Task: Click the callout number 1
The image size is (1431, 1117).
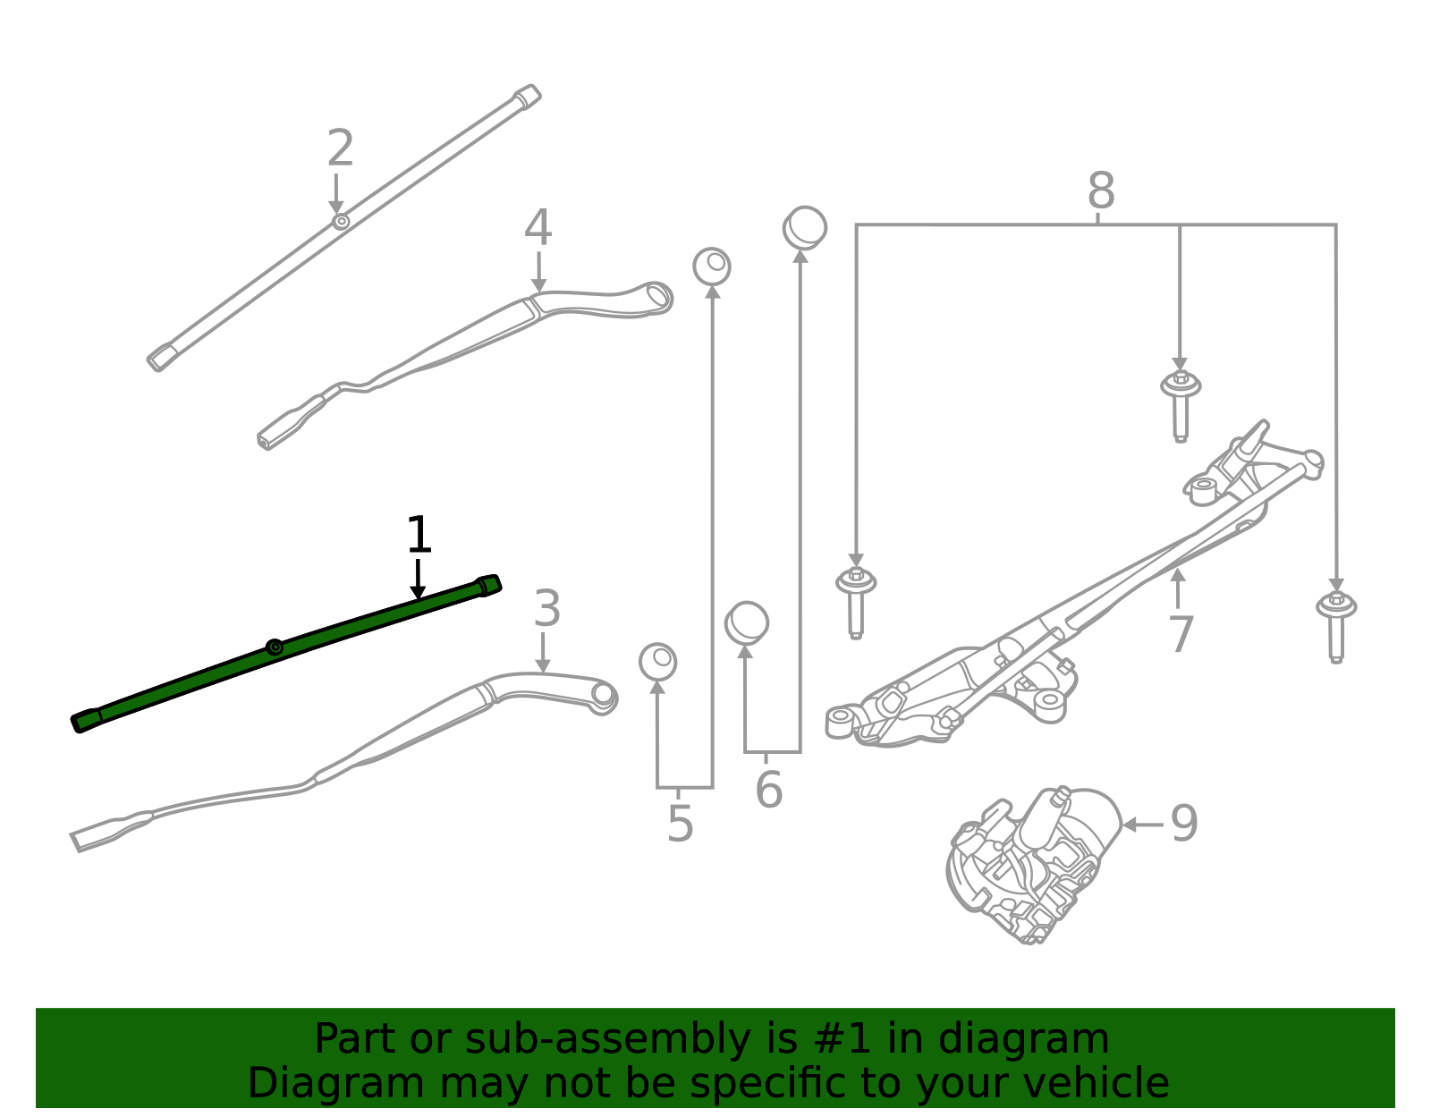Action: tap(419, 536)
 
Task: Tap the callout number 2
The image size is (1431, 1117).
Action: tap(340, 148)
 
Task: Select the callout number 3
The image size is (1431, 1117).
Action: tap(546, 610)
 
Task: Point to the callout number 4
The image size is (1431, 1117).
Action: tap(538, 228)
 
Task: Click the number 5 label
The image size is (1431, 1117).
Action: tap(680, 825)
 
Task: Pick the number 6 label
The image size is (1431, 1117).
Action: tap(768, 791)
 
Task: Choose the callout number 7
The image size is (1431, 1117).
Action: tap(1181, 635)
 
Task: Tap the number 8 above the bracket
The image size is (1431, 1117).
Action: tap(1101, 191)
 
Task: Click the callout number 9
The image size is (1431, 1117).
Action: tap(1183, 824)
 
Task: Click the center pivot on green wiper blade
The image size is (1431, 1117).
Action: tap(275, 647)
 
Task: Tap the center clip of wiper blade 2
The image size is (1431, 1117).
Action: tap(340, 221)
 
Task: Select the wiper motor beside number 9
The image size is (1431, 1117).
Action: tap(1033, 863)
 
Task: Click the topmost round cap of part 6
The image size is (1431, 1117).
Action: tap(805, 228)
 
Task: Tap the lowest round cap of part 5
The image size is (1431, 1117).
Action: tap(657, 662)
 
